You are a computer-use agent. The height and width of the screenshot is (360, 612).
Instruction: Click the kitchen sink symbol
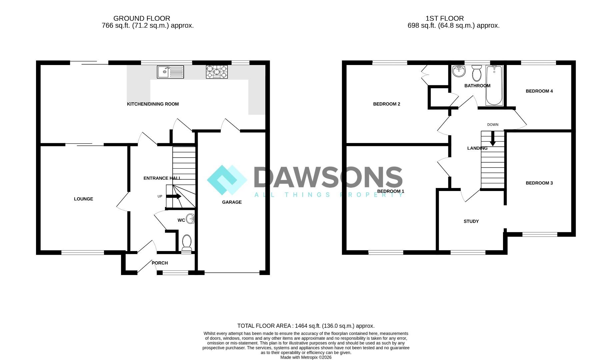point(170,72)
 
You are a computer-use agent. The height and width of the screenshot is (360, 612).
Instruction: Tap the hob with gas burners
point(217,72)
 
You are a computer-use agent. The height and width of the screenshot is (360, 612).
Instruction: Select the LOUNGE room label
point(83,199)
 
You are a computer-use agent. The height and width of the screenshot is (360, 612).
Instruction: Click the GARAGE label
point(232,202)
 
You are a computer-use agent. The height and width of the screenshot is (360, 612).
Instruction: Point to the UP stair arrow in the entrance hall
point(174,196)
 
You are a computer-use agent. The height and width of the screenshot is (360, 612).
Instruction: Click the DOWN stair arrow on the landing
point(493,139)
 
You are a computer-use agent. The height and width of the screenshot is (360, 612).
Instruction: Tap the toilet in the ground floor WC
point(187,244)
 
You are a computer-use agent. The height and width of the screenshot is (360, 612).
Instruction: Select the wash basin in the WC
point(190,219)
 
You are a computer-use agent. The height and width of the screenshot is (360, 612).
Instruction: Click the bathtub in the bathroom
point(494,85)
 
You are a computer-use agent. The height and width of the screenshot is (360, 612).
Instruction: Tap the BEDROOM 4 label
point(539,91)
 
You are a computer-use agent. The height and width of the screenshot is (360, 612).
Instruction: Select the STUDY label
point(471,221)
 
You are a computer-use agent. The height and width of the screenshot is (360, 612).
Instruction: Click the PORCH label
point(160,263)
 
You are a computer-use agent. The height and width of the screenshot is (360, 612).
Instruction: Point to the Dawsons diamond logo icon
point(227,180)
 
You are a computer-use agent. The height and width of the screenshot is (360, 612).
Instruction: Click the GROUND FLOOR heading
point(142,18)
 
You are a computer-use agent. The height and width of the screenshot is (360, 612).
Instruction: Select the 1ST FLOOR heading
point(445,18)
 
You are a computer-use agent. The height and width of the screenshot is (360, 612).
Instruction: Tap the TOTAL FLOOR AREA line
point(306,326)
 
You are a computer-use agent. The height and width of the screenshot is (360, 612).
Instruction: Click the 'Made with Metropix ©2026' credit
point(306,357)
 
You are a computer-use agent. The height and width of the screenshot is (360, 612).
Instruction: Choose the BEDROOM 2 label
point(387,104)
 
